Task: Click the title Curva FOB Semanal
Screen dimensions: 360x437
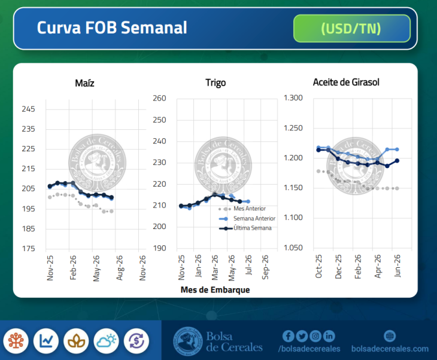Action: [112, 28]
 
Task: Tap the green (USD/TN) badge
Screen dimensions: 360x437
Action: [351, 28]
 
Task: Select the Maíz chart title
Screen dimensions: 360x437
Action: [84, 83]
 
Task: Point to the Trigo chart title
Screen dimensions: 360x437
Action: [216, 83]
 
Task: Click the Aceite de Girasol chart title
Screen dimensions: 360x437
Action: [346, 82]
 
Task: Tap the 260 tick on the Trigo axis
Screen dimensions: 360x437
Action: [159, 98]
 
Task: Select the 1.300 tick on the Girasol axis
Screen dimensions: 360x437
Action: [293, 98]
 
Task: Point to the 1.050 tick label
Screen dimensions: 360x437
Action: [293, 248]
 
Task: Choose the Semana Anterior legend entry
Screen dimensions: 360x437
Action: [254, 219]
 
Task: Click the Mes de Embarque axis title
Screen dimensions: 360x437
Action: [215, 290]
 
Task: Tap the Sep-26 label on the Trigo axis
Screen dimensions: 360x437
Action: [265, 268]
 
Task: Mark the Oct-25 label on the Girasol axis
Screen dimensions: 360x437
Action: [319, 267]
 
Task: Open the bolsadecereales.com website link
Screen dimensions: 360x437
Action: [390, 349]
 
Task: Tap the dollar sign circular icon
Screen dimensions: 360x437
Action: [136, 341]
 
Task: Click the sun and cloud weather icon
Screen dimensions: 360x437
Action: [106, 341]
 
